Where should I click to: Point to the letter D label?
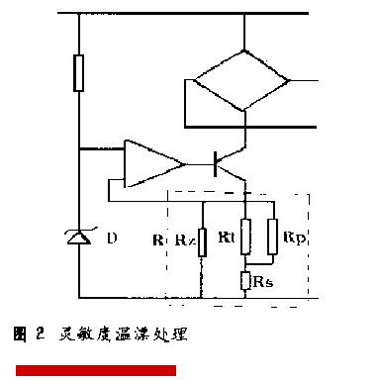[111, 239]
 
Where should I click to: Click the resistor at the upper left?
[80, 74]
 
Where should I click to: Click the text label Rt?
[227, 238]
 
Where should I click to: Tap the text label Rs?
[265, 281]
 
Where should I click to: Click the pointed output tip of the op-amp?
[183, 161]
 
